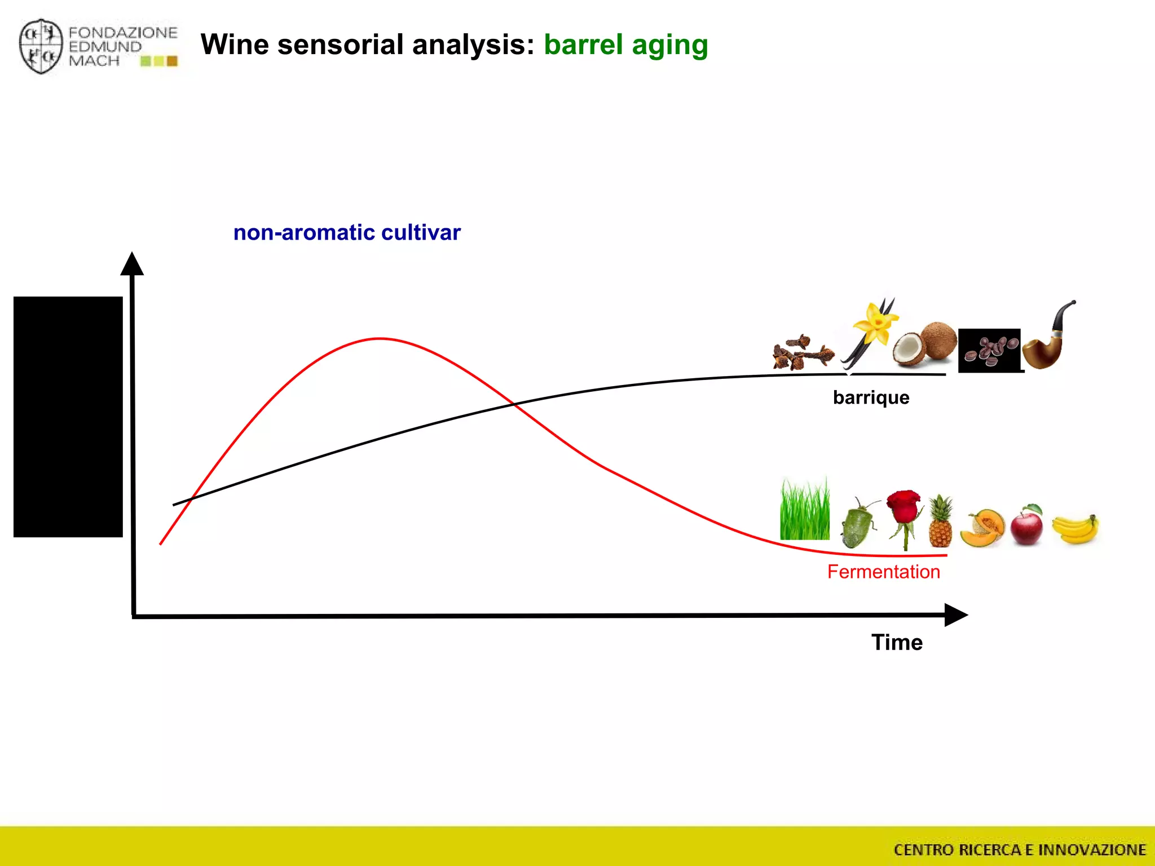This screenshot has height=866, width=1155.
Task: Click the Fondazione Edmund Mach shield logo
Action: (41, 46)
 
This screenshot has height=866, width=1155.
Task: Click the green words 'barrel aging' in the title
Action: (625, 45)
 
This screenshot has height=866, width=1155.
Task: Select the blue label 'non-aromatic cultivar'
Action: (347, 232)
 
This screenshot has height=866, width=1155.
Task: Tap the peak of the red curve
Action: (380, 338)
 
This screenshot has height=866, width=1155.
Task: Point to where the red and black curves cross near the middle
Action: (514, 403)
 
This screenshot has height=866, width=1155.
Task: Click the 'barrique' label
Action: (871, 397)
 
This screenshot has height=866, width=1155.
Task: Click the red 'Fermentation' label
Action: (883, 572)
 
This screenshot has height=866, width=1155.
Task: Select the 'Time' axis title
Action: (897, 642)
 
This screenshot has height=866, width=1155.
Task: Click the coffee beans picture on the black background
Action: (989, 350)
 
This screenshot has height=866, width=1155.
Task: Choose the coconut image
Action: (925, 343)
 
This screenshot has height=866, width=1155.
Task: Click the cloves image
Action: (802, 354)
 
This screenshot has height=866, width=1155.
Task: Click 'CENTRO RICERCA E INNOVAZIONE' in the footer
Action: (1020, 850)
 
